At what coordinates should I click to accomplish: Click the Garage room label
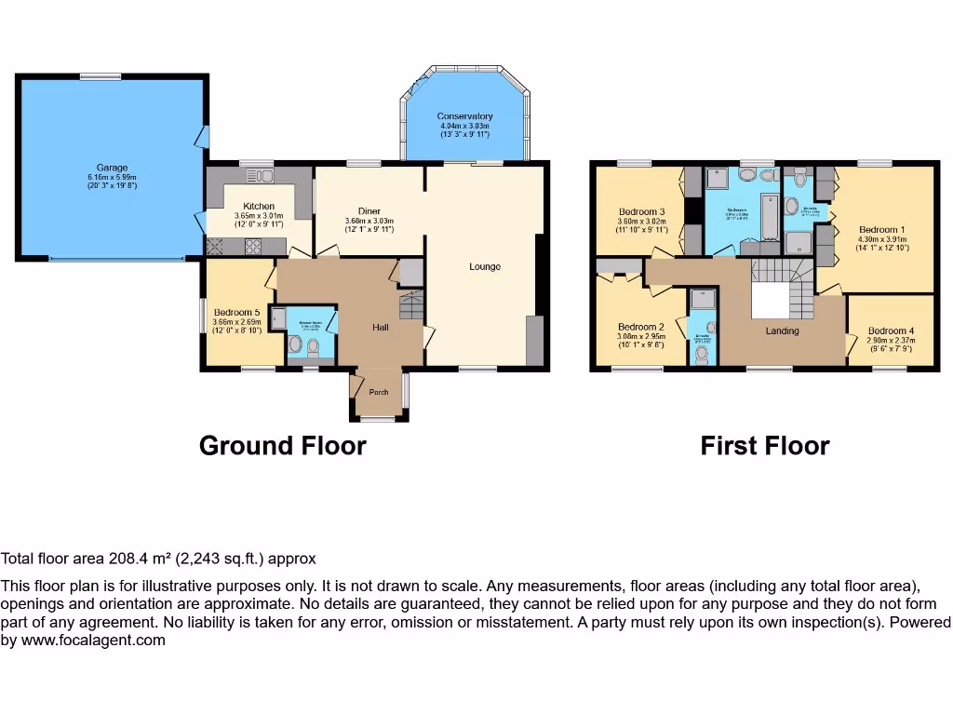pyautogui.click(x=113, y=168)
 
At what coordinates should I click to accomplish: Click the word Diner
pyautogui.click(x=370, y=210)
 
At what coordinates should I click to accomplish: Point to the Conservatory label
pyautogui.click(x=464, y=116)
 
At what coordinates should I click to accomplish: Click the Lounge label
pyautogui.click(x=485, y=267)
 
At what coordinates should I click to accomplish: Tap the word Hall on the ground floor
pyautogui.click(x=382, y=328)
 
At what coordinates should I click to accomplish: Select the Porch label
pyautogui.click(x=379, y=392)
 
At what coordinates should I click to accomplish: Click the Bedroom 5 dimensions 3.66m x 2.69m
pyautogui.click(x=236, y=322)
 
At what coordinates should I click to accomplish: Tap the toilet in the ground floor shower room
pyautogui.click(x=314, y=348)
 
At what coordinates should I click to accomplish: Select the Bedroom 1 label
pyautogui.click(x=881, y=229)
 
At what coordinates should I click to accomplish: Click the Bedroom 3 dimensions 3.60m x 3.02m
pyautogui.click(x=643, y=222)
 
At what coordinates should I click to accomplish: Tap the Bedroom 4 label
pyautogui.click(x=891, y=331)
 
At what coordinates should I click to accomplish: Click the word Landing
pyautogui.click(x=783, y=331)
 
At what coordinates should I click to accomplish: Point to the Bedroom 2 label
pyautogui.click(x=641, y=327)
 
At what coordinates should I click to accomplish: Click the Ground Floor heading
pyautogui.click(x=282, y=446)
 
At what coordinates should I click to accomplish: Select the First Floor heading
pyautogui.click(x=764, y=446)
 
